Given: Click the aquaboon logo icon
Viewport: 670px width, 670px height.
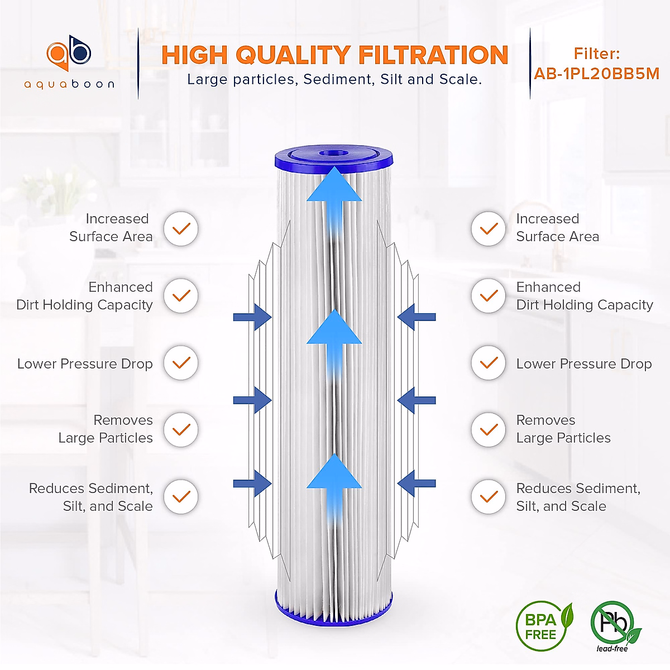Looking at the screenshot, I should pos(69,54).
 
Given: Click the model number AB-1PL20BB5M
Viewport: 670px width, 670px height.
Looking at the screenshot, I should pos(596,74).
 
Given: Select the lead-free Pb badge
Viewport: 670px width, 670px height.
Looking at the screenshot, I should pos(613,624).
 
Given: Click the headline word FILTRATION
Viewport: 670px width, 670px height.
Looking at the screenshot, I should pos(433,55).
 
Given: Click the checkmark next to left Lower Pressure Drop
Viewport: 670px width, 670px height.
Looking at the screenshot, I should pos(181,363).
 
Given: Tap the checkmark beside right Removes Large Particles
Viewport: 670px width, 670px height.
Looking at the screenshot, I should pos(489,429).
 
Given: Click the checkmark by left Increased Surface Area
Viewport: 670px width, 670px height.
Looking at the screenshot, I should pos(181,228).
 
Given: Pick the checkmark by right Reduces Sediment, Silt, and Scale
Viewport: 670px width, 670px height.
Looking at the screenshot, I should pos(489,496).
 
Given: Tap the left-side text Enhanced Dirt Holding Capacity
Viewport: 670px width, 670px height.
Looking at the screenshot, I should pos(85,296).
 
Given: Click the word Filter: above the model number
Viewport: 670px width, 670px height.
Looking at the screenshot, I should pos(596,54).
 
